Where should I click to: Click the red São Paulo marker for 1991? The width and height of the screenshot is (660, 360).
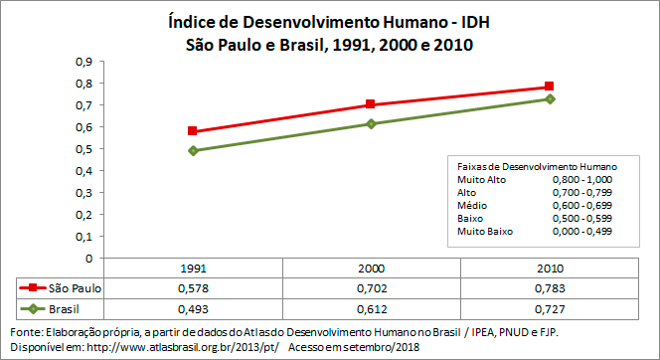(x=193, y=131)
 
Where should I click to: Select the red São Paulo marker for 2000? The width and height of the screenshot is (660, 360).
(x=371, y=104)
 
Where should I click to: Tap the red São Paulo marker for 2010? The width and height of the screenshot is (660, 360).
(x=549, y=87)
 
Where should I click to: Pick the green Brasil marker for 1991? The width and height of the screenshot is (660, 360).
(x=193, y=150)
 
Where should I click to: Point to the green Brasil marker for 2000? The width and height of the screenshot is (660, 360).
(x=371, y=123)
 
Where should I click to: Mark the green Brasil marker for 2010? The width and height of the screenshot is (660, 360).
(x=549, y=98)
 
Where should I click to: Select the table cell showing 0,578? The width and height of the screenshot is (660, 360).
(x=193, y=287)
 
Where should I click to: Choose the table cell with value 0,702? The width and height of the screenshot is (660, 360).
(x=371, y=287)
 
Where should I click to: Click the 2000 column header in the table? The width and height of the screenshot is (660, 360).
(x=371, y=269)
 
